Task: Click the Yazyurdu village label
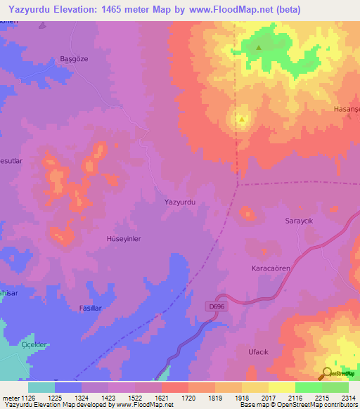tap(179, 202)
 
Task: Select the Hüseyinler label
tap(123, 239)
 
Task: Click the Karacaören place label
tap(271, 268)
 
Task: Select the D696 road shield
tap(217, 306)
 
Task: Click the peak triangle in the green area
tap(259, 48)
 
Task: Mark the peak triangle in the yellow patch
tap(242, 119)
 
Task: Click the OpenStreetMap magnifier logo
tap(326, 373)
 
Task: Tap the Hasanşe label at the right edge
tap(346, 111)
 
